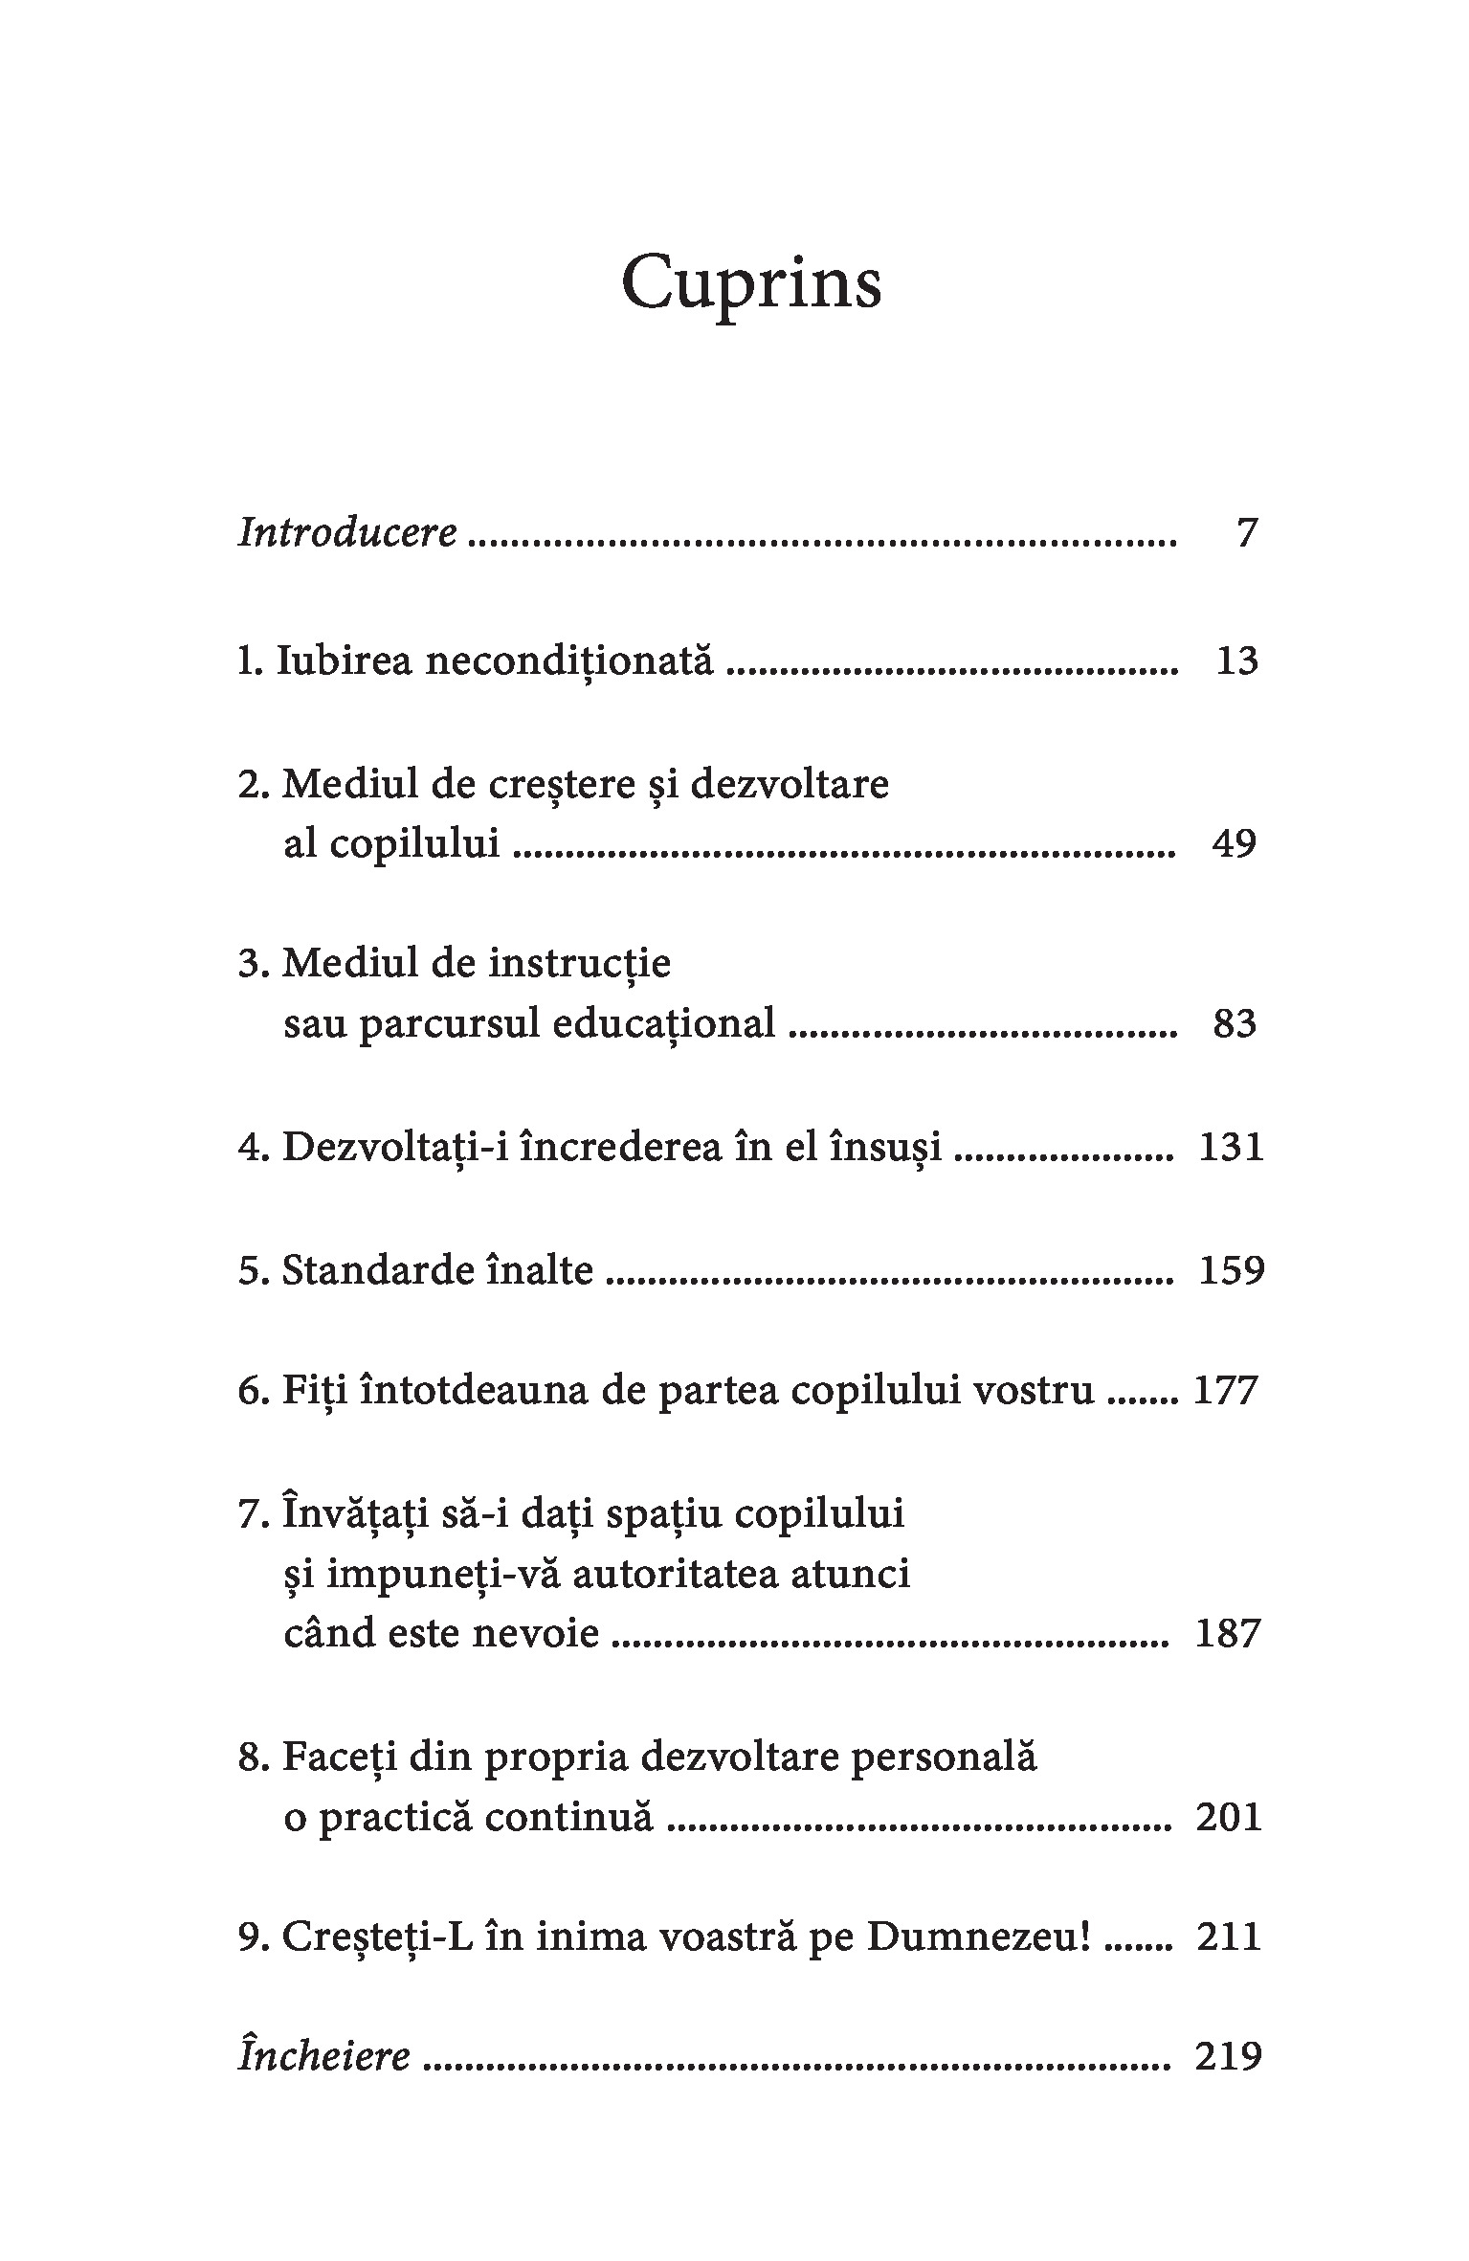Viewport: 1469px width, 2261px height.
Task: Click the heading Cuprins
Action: (x=750, y=283)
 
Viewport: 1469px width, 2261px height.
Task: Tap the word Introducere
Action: (x=347, y=532)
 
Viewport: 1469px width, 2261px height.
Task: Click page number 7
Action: (x=1246, y=532)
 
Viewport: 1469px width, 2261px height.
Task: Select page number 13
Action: (x=1236, y=660)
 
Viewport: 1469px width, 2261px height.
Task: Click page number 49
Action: (x=1233, y=844)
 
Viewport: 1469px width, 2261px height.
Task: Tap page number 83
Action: (x=1234, y=1023)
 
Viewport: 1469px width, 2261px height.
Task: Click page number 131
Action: (x=1231, y=1146)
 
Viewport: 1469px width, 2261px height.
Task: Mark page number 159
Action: (x=1231, y=1270)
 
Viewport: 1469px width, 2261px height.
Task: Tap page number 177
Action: (x=1225, y=1390)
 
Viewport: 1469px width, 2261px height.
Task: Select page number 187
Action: (x=1230, y=1633)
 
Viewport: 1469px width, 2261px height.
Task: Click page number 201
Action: (x=1230, y=1816)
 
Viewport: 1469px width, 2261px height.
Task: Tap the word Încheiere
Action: (x=324, y=2056)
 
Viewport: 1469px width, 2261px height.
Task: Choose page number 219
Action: (x=1230, y=2056)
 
